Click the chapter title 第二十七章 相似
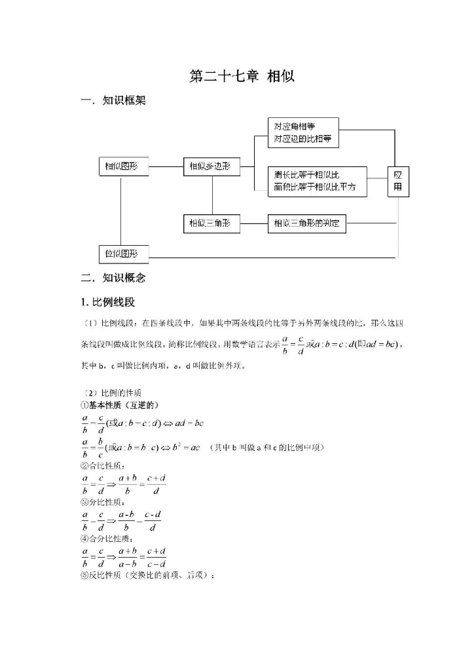tap(242, 76)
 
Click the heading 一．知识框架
tap(113, 101)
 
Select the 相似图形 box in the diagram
tap(122, 166)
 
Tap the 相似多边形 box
tap(211, 166)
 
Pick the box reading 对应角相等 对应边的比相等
tap(303, 132)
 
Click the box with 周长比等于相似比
tap(317, 181)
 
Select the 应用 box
tap(398, 181)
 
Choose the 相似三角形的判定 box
tap(306, 224)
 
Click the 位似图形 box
tap(122, 254)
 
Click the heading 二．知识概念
tap(113, 278)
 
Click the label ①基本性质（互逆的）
tap(119, 405)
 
